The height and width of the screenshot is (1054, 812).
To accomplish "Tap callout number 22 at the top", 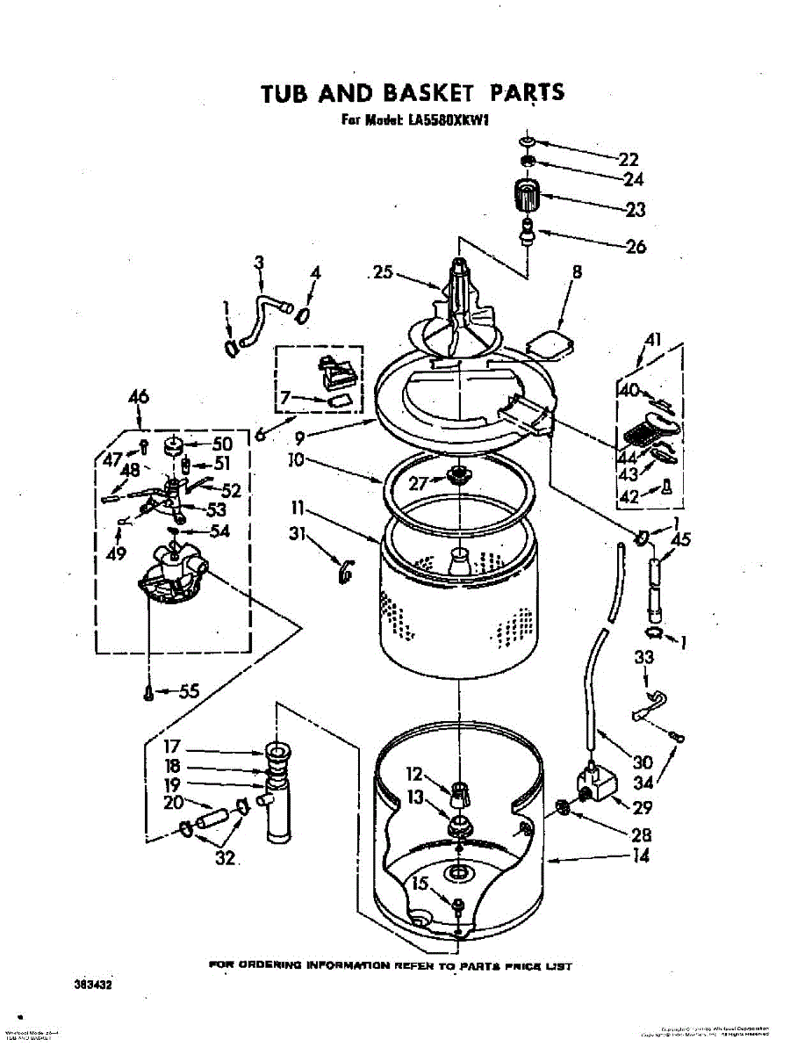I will point(628,159).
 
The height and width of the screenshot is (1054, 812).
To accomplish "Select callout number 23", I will point(635,209).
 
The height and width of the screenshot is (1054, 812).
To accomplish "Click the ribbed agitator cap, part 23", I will point(526,194).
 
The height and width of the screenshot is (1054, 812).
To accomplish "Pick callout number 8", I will point(577,272).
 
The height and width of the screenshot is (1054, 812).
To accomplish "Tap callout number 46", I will point(139,397).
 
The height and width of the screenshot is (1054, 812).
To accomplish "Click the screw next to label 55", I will point(148,693).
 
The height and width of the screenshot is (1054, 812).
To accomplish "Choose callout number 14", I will point(641,855).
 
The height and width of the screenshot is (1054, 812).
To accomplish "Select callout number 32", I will point(226,857).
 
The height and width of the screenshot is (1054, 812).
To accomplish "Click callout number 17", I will point(173,748).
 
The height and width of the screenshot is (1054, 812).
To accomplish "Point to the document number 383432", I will point(94,985).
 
